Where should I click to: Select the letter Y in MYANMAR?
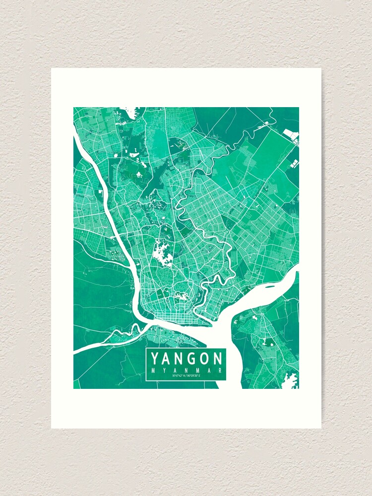pos(164,370)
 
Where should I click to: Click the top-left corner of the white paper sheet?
pos(52,68)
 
